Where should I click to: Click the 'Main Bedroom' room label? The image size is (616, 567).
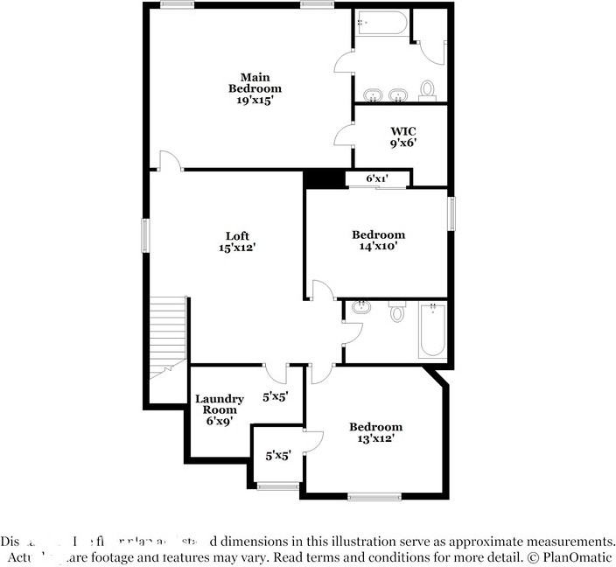click(x=255, y=82)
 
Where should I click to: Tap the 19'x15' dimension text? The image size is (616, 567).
click(x=255, y=101)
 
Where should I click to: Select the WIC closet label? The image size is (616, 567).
click(x=403, y=130)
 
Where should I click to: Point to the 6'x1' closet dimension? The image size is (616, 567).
click(x=376, y=179)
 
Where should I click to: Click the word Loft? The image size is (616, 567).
click(x=237, y=235)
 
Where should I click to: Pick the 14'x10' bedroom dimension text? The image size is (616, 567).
click(x=378, y=247)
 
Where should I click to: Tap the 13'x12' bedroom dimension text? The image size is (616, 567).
click(x=375, y=439)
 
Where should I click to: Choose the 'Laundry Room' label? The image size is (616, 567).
click(x=219, y=404)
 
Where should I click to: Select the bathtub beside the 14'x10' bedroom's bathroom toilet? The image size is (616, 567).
click(x=432, y=330)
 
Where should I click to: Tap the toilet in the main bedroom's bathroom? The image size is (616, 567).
click(x=428, y=89)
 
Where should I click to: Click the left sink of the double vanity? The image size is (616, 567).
click(x=374, y=94)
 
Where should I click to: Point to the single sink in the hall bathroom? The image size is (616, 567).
click(x=360, y=308)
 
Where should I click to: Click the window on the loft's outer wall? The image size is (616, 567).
click(x=146, y=235)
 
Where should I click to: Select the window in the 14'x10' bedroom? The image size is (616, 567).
click(x=452, y=214)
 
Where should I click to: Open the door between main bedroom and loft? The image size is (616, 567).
click(x=169, y=161)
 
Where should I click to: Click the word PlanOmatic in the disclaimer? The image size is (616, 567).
click(x=578, y=556)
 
